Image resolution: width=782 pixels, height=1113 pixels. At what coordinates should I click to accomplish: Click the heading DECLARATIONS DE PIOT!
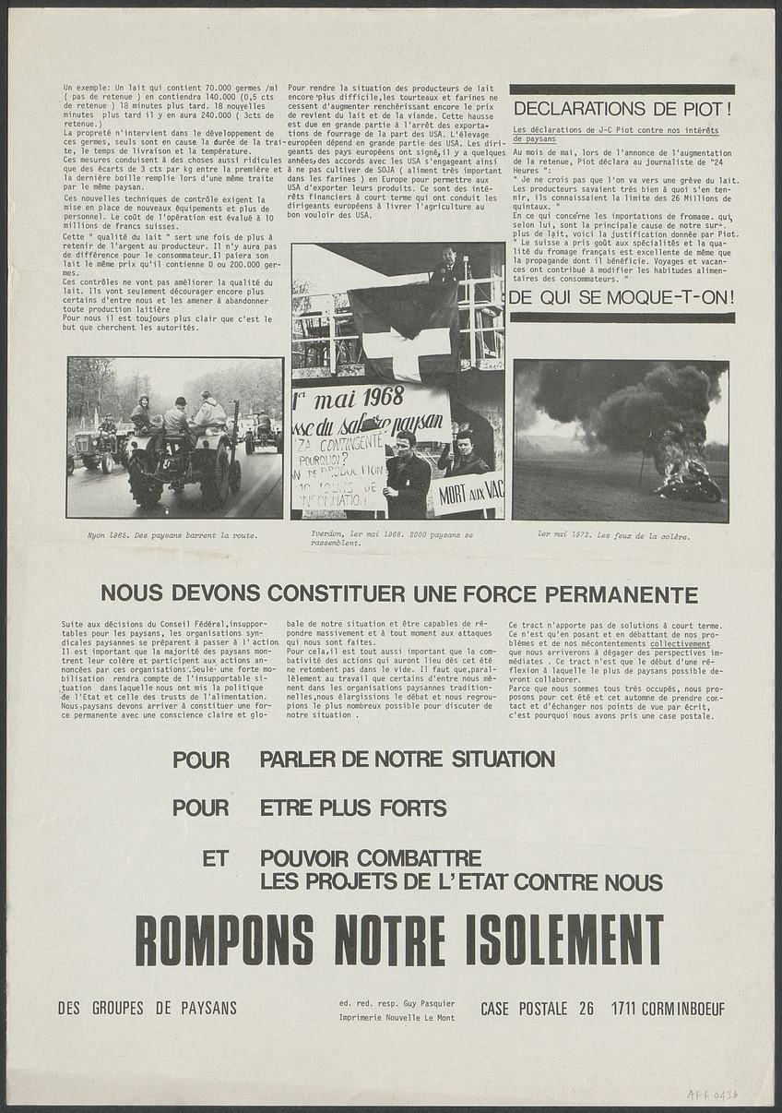click(622, 109)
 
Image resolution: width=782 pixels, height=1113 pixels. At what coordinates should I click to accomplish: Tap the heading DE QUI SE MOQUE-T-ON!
click(622, 297)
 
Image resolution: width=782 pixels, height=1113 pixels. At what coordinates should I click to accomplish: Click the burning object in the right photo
click(688, 480)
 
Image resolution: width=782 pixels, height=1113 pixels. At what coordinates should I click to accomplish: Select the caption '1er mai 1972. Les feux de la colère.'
click(613, 533)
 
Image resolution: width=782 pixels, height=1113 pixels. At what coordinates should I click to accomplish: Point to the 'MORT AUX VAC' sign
click(470, 492)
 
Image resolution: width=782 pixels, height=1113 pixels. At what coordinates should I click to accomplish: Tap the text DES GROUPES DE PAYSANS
click(148, 1009)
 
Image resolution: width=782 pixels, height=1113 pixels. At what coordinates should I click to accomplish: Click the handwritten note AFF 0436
click(712, 1095)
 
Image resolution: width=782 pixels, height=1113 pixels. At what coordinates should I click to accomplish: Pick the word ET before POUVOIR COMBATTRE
click(215, 858)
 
